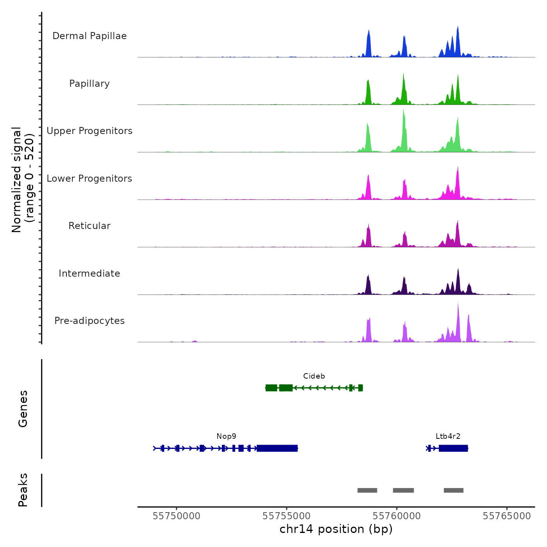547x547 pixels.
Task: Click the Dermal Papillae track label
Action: pos(89,36)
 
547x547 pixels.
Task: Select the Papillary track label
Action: pos(89,84)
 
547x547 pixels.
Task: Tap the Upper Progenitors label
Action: pos(89,131)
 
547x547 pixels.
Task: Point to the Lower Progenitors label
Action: pos(89,179)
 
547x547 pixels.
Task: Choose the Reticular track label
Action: pos(89,226)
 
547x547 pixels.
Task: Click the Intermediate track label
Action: pos(89,273)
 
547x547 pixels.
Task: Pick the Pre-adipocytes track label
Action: pos(89,321)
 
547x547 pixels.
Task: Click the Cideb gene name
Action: pos(314,376)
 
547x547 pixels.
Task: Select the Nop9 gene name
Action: pos(226,436)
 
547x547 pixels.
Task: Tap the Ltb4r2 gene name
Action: pos(448,436)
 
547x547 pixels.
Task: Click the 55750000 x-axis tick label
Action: pos(177,516)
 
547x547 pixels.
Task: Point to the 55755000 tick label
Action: pos(287,516)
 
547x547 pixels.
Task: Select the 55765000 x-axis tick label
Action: pos(507,516)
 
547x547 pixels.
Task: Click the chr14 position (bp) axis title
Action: pos(336,529)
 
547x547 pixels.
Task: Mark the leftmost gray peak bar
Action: pos(367,490)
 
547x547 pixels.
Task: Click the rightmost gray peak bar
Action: pos(454,490)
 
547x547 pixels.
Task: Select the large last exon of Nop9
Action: pos(277,448)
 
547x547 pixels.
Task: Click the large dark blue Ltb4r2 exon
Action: pos(453,448)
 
